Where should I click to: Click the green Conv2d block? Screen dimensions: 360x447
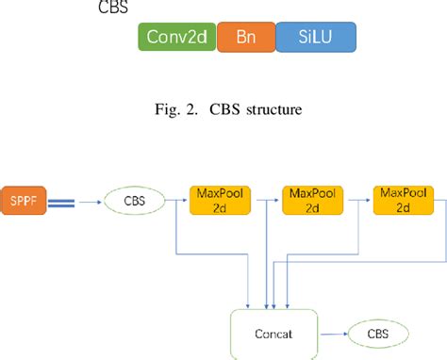tap(177, 38)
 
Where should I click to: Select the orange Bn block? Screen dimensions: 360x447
tap(245, 38)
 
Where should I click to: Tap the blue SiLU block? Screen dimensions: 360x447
tap(317, 38)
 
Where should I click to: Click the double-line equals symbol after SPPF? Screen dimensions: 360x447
tap(62, 200)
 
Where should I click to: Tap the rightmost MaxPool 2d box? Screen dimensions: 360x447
tap(400, 200)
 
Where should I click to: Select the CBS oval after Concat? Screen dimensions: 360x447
tap(377, 333)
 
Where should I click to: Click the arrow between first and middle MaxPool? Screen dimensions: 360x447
tap(263, 200)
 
